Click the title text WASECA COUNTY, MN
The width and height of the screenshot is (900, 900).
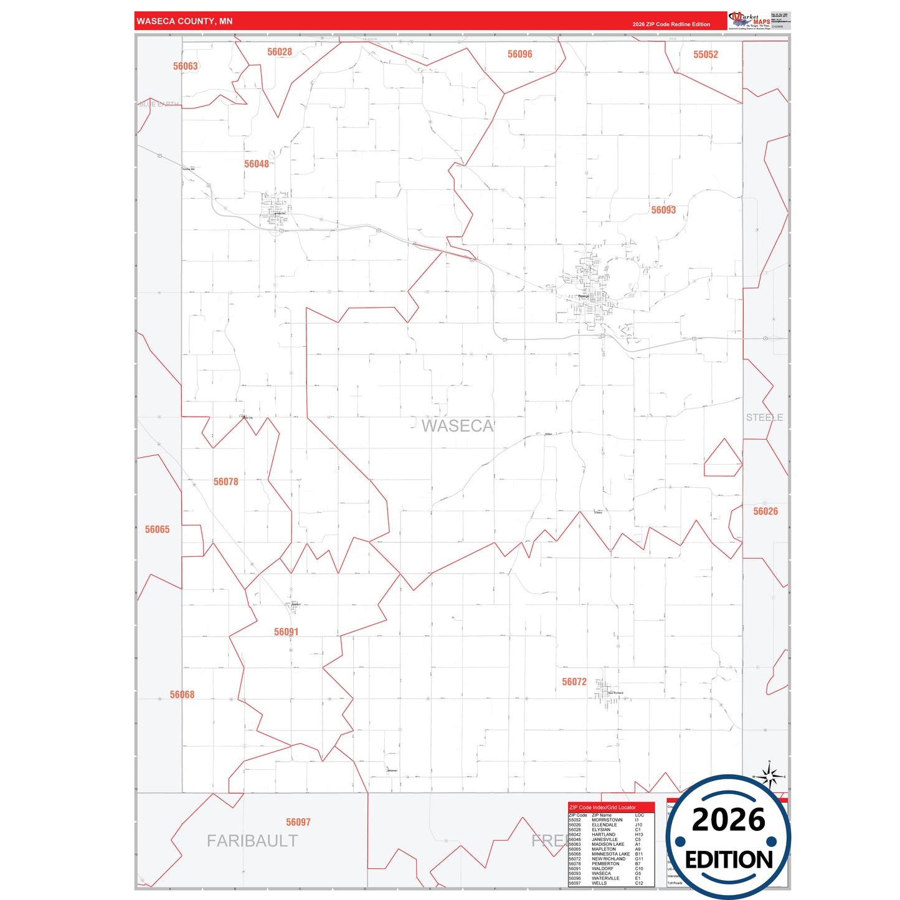click(184, 21)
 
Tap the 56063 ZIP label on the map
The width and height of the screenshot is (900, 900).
click(185, 67)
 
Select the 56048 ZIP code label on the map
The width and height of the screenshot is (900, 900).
click(257, 164)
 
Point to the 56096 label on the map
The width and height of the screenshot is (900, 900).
click(519, 55)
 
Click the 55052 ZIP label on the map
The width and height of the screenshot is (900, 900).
click(705, 55)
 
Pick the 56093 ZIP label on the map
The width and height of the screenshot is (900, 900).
click(663, 211)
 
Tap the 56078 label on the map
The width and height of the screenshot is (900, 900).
click(225, 482)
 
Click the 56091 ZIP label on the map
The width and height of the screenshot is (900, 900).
click(286, 632)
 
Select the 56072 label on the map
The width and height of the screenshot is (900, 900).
click(574, 682)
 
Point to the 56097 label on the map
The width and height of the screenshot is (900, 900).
click(298, 823)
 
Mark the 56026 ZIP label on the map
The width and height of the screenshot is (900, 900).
click(765, 511)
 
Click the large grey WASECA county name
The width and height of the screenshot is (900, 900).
click(457, 426)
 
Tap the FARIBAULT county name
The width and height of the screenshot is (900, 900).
click(252, 841)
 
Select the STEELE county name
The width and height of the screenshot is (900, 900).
click(764, 417)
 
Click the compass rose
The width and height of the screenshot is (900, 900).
click(770, 777)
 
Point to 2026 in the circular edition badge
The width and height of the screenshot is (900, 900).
click(728, 820)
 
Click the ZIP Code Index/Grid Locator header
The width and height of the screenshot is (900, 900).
click(602, 807)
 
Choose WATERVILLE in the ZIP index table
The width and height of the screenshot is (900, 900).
click(605, 878)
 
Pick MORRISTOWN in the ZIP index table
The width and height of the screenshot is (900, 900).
click(607, 820)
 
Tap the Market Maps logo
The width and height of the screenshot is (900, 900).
click(749, 21)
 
